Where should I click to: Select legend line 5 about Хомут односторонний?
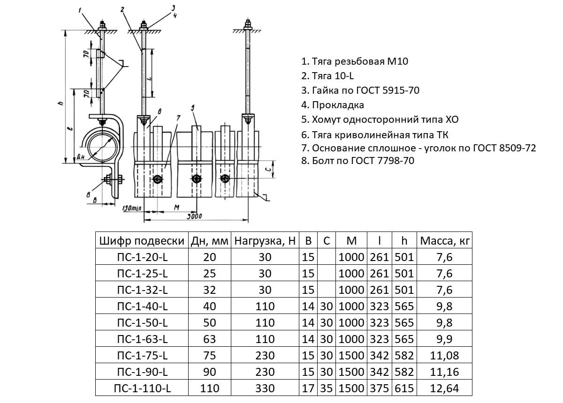click(x=380, y=119)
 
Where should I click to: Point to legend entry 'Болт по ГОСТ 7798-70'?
click(x=358, y=161)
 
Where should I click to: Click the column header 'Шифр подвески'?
click(x=141, y=241)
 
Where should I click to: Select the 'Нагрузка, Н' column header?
click(x=265, y=241)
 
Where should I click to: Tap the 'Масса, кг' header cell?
click(x=445, y=241)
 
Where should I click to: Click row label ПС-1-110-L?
click(x=141, y=388)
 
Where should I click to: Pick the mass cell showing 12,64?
click(x=445, y=388)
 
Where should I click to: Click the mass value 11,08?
click(x=445, y=356)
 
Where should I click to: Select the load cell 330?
click(x=265, y=388)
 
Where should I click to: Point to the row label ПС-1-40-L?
click(x=141, y=306)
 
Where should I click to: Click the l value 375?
click(x=380, y=388)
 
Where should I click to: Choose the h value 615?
click(x=404, y=388)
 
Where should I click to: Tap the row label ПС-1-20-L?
click(x=141, y=257)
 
